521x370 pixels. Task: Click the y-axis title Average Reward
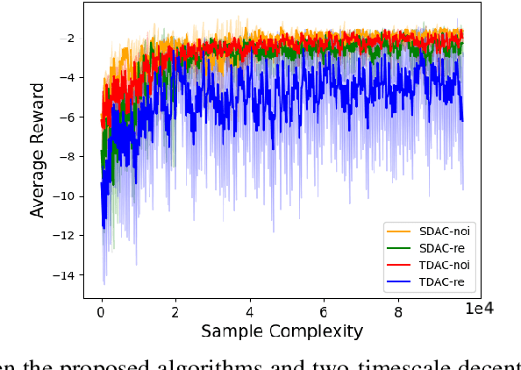[38, 151]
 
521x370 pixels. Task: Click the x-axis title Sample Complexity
[282, 331]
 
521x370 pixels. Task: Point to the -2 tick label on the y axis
[68, 39]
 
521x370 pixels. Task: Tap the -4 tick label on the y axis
[68, 78]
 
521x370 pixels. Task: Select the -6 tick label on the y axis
[68, 117]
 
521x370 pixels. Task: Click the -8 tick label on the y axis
[68, 157]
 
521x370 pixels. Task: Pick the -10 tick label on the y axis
[64, 196]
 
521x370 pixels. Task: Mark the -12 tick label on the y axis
[64, 236]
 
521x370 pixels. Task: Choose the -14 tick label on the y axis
[64, 275]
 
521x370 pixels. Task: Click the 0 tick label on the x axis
[102, 310]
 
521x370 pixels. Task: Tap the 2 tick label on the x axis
[176, 310]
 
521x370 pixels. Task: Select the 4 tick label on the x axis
[251, 310]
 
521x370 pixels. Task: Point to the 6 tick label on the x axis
[325, 310]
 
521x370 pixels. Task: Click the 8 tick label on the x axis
[399, 310]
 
